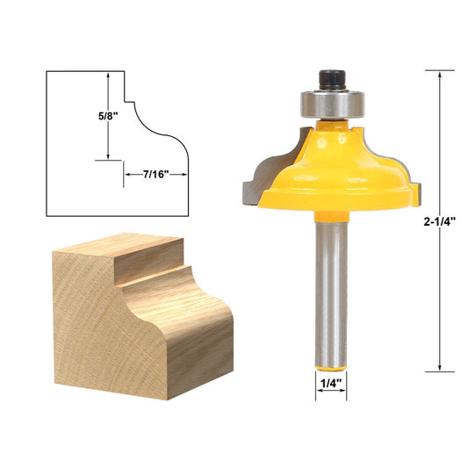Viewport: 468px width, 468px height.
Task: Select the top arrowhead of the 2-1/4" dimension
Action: [438, 75]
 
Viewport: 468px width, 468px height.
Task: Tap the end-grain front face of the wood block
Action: [105, 325]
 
